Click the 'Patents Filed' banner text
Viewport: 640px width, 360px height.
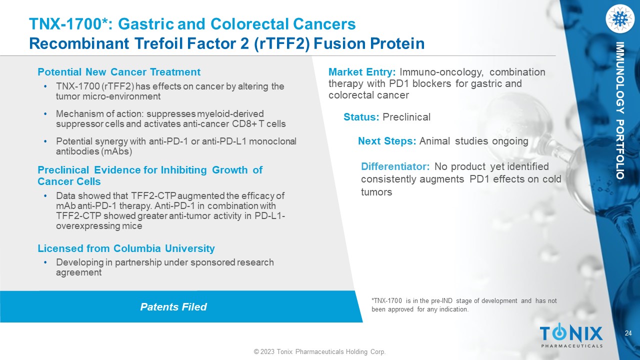point(173,307)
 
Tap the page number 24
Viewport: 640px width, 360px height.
point(628,333)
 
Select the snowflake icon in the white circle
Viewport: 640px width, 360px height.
point(619,18)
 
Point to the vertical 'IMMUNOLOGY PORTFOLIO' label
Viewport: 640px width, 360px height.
point(619,110)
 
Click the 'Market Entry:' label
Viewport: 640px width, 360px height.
point(362,72)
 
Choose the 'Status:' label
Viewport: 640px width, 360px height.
point(361,117)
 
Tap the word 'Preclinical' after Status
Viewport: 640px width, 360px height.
point(406,117)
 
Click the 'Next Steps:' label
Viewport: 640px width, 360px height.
point(387,141)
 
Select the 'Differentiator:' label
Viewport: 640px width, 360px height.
point(395,166)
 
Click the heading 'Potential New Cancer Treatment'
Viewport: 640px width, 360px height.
point(119,72)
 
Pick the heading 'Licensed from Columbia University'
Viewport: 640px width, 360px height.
point(126,248)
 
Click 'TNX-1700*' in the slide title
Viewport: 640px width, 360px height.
point(68,23)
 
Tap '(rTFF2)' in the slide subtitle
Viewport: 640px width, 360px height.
point(281,43)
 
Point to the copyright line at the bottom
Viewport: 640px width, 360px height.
point(319,351)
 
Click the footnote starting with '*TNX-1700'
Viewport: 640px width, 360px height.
point(464,305)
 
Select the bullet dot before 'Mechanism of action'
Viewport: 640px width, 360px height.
point(45,113)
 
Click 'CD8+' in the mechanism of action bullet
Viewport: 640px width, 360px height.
point(243,124)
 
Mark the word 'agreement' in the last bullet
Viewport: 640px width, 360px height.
point(78,272)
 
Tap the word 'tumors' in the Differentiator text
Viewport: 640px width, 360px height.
point(376,192)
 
